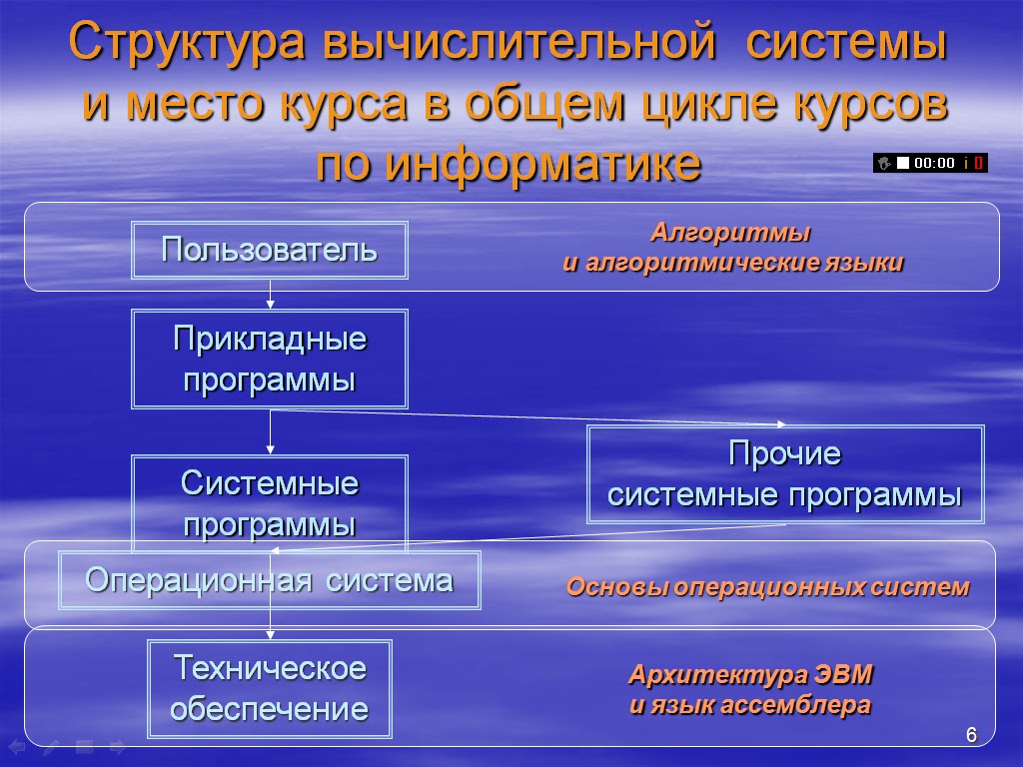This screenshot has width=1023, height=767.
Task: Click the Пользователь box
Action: click(271, 250)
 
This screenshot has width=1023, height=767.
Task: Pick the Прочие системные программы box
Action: click(785, 475)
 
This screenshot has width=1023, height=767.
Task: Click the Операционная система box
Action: click(270, 580)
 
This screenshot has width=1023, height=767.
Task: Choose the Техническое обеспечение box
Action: click(270, 688)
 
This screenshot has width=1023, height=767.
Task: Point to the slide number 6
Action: click(970, 736)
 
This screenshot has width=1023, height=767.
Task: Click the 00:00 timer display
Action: click(935, 163)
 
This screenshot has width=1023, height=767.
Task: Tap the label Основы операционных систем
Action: click(767, 587)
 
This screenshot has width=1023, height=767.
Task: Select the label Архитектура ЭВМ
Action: click(750, 675)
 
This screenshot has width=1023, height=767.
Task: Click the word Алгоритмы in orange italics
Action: click(730, 234)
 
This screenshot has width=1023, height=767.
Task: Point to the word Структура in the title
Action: click(187, 45)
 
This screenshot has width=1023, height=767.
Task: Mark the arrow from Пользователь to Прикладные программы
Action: click(271, 294)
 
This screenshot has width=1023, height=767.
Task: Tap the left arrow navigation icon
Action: click(17, 746)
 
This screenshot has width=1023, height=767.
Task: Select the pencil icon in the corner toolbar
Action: click(50, 746)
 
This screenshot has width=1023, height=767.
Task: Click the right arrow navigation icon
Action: click(117, 746)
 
